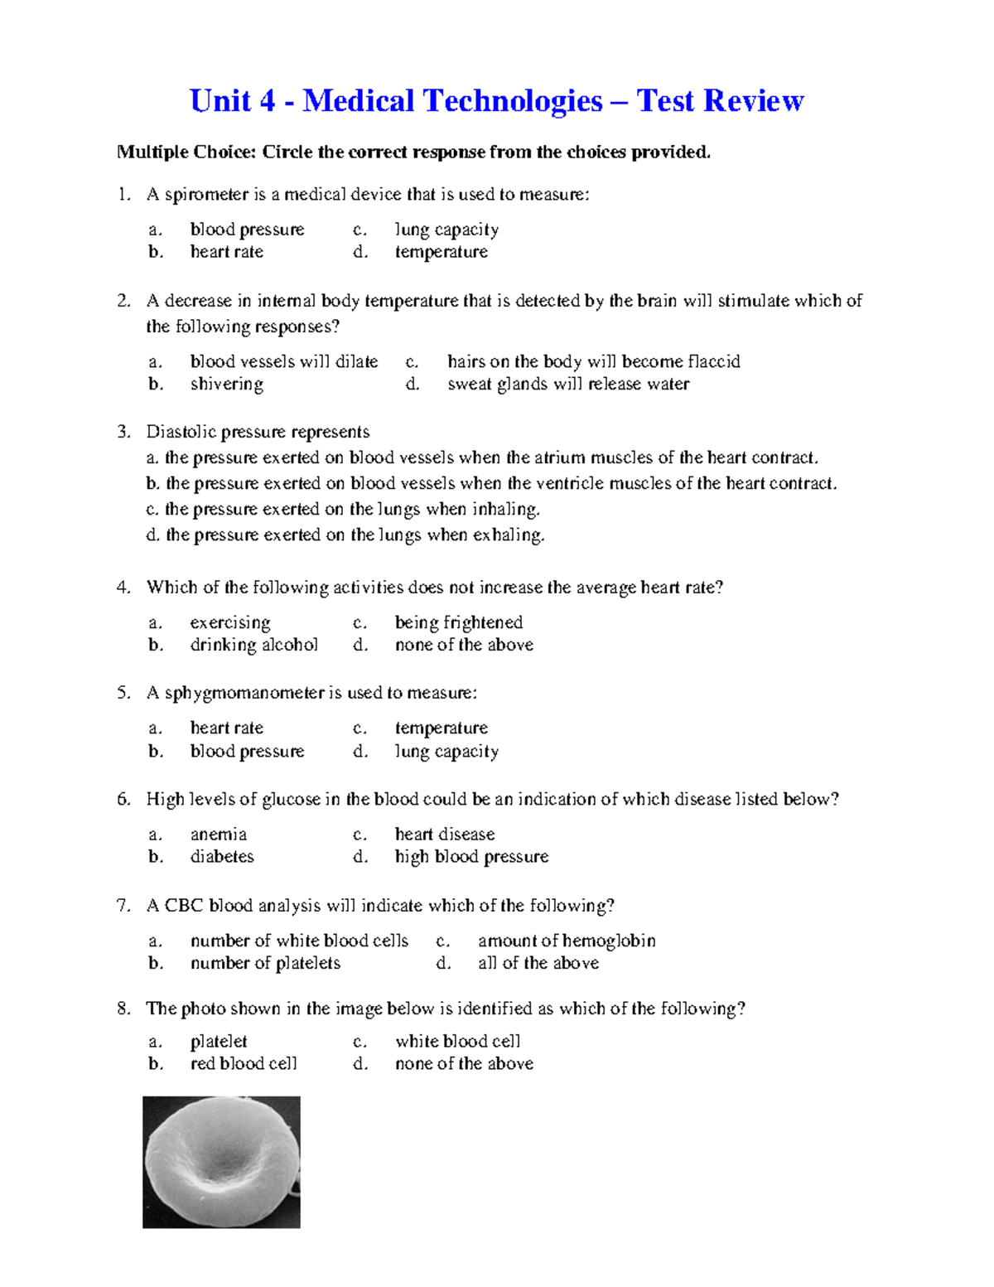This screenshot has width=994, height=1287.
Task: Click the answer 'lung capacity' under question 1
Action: point(446,230)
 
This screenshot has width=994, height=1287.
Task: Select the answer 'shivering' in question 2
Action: point(226,384)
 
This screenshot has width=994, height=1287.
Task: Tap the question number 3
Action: point(124,431)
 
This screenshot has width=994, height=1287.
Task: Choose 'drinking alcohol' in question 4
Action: point(253,645)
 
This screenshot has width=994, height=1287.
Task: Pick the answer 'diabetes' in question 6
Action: point(222,856)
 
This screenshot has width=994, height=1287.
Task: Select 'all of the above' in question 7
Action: point(538,963)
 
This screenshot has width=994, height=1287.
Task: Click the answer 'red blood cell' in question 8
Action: point(244,1063)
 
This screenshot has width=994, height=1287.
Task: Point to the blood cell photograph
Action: point(221,1162)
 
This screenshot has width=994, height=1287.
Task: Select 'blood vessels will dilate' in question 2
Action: point(283,361)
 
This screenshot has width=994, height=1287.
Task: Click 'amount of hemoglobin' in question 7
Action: point(567,941)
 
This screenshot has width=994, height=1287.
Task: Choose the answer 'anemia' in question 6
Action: point(219,834)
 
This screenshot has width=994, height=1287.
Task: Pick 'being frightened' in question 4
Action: point(458,622)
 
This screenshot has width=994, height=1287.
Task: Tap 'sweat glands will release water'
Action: point(568,384)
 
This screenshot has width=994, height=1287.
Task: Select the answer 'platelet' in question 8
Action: point(219,1041)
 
